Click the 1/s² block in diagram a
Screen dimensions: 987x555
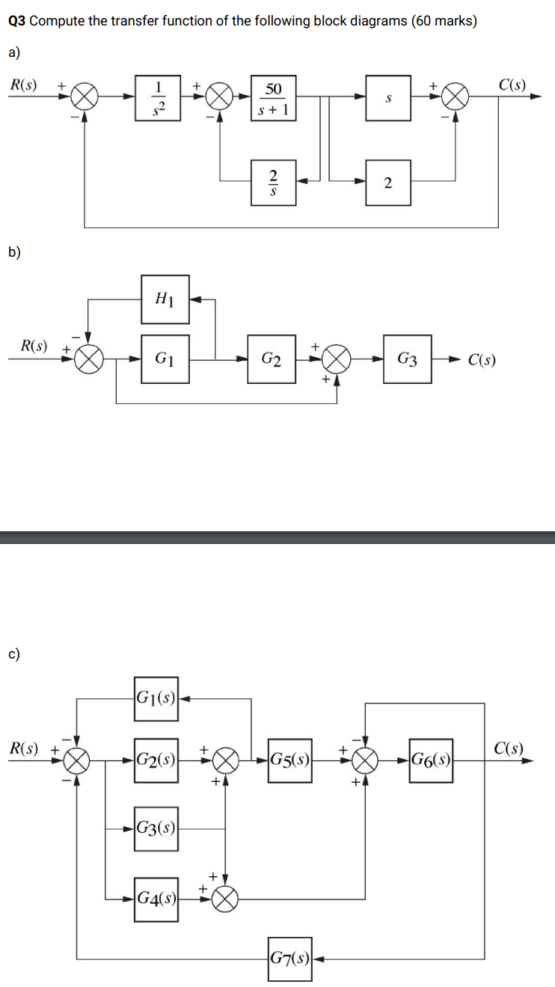[x=158, y=98]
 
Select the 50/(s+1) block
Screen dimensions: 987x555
[x=274, y=98]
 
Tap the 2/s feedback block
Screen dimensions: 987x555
[x=274, y=180]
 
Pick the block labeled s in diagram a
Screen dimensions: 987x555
[x=387, y=98]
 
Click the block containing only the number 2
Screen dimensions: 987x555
[x=387, y=181]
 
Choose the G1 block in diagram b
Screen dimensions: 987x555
[x=165, y=358]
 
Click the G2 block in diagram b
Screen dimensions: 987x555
[x=272, y=358]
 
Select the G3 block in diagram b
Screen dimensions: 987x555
[x=407, y=358]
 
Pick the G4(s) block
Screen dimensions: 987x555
[x=156, y=897]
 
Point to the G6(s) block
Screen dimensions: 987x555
[x=431, y=761]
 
